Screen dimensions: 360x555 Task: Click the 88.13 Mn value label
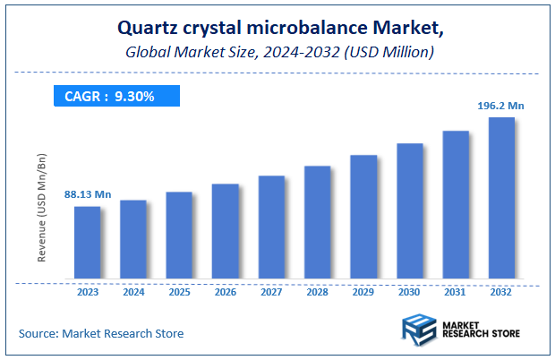click(x=87, y=193)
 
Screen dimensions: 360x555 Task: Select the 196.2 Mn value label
click(x=500, y=105)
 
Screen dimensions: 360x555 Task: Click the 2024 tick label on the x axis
click(x=133, y=292)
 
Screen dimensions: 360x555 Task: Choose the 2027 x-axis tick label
click(x=271, y=292)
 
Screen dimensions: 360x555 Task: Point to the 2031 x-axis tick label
click(x=456, y=292)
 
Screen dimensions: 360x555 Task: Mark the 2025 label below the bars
click(x=179, y=292)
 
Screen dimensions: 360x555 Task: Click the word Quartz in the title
click(x=147, y=33)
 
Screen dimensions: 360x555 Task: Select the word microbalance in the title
click(x=308, y=33)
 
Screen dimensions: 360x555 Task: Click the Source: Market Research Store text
click(x=101, y=333)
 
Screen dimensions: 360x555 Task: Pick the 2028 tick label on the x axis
click(x=317, y=292)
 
